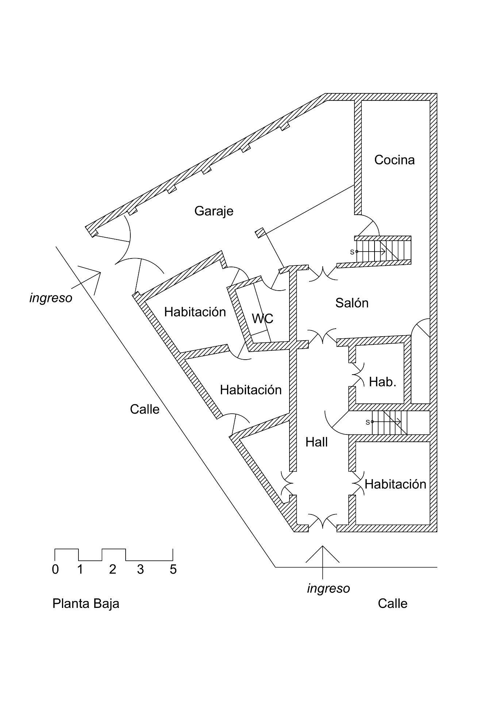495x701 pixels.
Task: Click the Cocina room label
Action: pyautogui.click(x=394, y=160)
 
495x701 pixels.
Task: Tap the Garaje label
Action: pyautogui.click(x=214, y=211)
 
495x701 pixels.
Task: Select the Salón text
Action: pyautogui.click(x=352, y=303)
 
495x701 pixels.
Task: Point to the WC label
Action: pyautogui.click(x=262, y=318)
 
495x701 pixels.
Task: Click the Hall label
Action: pyautogui.click(x=316, y=442)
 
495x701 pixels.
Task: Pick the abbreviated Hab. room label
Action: pyautogui.click(x=382, y=382)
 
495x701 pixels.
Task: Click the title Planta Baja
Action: pyautogui.click(x=86, y=604)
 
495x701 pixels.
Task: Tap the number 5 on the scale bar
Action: pyautogui.click(x=173, y=570)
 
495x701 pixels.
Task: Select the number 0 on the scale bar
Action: pyautogui.click(x=55, y=570)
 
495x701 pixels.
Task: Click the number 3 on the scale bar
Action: pyautogui.click(x=141, y=570)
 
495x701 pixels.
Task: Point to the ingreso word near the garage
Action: pyautogui.click(x=51, y=298)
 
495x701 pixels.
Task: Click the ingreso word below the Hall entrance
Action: pyautogui.click(x=328, y=589)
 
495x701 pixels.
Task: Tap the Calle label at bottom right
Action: pyautogui.click(x=392, y=604)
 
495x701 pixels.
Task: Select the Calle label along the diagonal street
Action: pyautogui.click(x=145, y=409)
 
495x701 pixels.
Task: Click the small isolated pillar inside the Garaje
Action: pyautogui.click(x=260, y=233)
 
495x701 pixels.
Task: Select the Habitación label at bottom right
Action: pyautogui.click(x=395, y=484)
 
